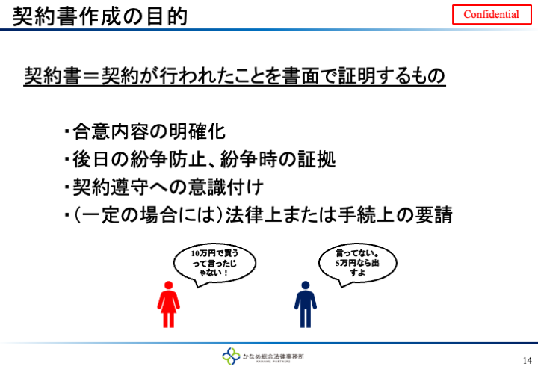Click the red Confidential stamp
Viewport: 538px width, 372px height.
pos(492,14)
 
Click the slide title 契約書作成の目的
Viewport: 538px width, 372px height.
pos(100,16)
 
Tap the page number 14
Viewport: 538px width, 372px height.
pos(528,360)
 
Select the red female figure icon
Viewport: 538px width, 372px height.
pos(168,305)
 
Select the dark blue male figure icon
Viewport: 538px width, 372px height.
pos(306,305)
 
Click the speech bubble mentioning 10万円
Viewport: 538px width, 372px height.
pos(214,264)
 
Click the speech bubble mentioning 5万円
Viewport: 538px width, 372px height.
pos(357,264)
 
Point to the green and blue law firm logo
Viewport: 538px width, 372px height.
pos(231,356)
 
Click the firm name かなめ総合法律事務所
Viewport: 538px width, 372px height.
pos(273,356)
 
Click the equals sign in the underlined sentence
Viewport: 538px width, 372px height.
pos(92,76)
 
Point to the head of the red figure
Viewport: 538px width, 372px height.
pos(168,285)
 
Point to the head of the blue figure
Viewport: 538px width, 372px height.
pos(306,285)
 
